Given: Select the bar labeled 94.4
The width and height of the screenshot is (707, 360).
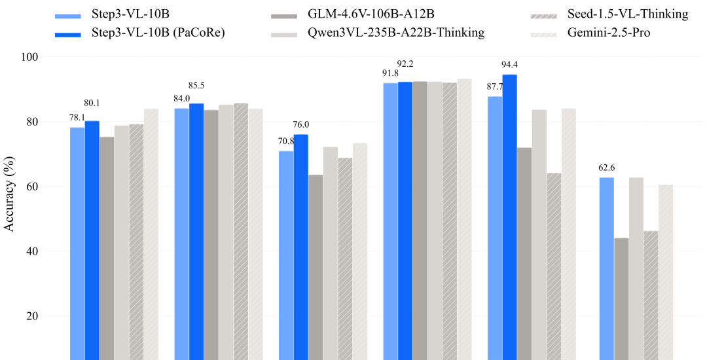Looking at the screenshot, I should [509, 216].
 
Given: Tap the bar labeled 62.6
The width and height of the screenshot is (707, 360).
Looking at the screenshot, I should [606, 268].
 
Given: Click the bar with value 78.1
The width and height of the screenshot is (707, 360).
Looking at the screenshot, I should [77, 242].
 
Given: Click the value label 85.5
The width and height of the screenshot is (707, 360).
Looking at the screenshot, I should [196, 85].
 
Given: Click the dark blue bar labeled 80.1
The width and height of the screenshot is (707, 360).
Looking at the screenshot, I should [92, 240].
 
